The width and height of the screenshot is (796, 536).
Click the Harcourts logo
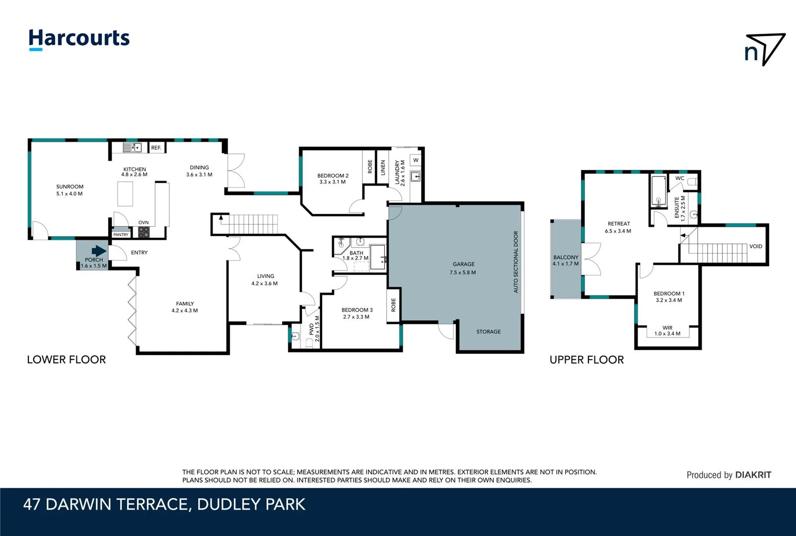79,39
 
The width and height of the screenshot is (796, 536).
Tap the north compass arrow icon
765,49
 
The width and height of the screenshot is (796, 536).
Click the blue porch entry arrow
99,251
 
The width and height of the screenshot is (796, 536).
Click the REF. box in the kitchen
156,148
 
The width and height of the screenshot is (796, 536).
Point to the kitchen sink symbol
132,147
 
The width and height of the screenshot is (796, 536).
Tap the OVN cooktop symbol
144,232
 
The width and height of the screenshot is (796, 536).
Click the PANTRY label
121,235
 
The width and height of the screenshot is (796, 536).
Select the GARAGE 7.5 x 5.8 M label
463,268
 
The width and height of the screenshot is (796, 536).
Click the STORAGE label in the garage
488,332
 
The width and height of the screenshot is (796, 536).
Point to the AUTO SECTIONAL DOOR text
515,262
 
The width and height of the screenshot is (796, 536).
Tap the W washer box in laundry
416,160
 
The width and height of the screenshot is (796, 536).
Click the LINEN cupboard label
383,167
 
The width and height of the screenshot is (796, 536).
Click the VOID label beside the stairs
755,246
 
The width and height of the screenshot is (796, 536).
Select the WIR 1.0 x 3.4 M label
667,331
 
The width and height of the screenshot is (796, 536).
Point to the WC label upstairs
679,178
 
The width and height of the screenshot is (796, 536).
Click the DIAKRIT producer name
753,475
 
